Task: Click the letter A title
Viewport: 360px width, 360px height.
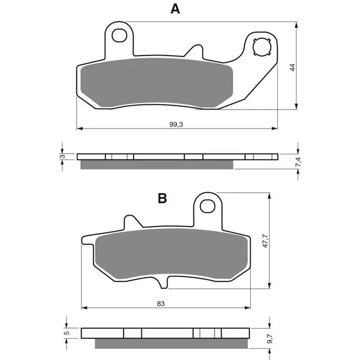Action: [175, 9]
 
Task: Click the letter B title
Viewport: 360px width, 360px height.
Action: [163, 199]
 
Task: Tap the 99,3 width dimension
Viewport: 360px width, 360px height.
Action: [176, 124]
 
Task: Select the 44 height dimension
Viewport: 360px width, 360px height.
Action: [292, 67]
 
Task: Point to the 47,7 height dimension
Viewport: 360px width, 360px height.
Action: [265, 241]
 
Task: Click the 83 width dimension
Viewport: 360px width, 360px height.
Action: [160, 303]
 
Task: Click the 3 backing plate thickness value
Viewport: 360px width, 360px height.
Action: [62, 157]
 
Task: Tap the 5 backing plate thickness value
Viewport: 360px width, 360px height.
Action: [67, 333]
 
